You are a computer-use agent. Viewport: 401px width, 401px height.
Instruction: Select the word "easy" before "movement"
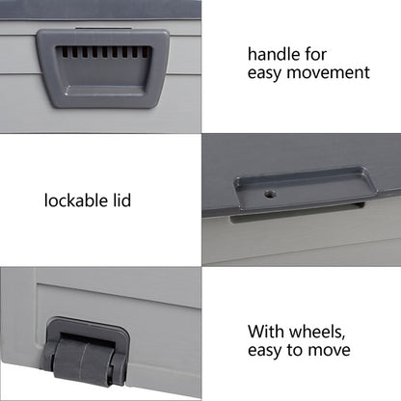[265, 71]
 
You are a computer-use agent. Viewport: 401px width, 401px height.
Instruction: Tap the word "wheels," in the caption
[312, 330]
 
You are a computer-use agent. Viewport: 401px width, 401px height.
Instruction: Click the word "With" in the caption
[265, 330]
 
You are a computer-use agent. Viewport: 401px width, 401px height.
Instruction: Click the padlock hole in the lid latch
[270, 194]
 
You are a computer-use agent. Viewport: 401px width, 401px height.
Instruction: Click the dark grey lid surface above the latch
[299, 154]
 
